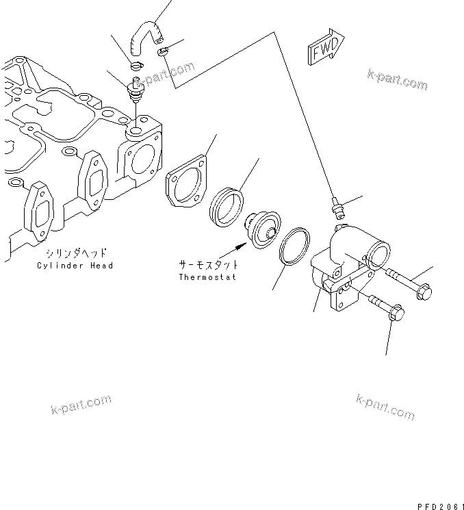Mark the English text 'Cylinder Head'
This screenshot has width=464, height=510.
pyautogui.click(x=75, y=265)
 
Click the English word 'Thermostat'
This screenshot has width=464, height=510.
pyautogui.click(x=207, y=277)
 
